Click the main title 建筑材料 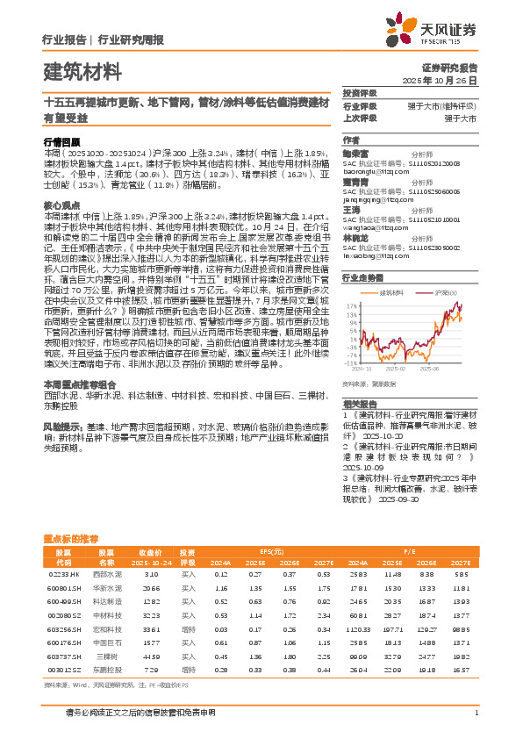point(82,71)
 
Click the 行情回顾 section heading point(61,140)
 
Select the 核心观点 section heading point(61,204)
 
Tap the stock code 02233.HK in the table point(63,574)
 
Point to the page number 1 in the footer point(476,713)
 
